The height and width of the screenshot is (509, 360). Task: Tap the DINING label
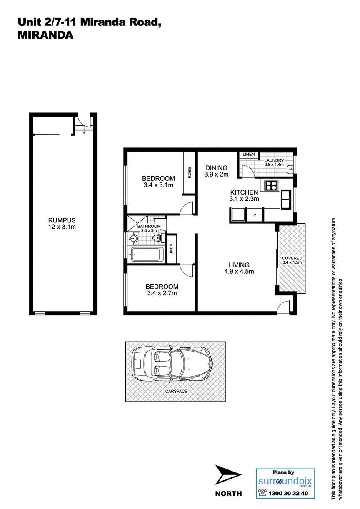click(216, 168)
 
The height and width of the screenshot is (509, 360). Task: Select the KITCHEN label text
click(244, 192)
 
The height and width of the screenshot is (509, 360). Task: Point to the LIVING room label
click(239, 264)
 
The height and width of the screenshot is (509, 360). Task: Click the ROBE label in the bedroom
click(190, 172)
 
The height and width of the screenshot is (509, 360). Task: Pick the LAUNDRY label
click(274, 160)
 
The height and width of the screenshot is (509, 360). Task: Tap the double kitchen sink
click(287, 200)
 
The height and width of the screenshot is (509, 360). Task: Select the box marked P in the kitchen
click(255, 215)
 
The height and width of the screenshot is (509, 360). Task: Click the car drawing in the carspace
click(171, 364)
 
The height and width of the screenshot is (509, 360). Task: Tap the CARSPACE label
click(176, 392)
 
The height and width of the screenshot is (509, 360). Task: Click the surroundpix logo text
click(285, 481)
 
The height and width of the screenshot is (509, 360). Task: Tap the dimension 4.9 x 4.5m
click(239, 272)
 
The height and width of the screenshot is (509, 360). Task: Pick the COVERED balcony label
click(292, 258)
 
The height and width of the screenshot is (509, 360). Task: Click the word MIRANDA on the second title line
click(45, 36)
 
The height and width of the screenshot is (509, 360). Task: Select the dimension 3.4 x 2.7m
click(162, 293)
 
